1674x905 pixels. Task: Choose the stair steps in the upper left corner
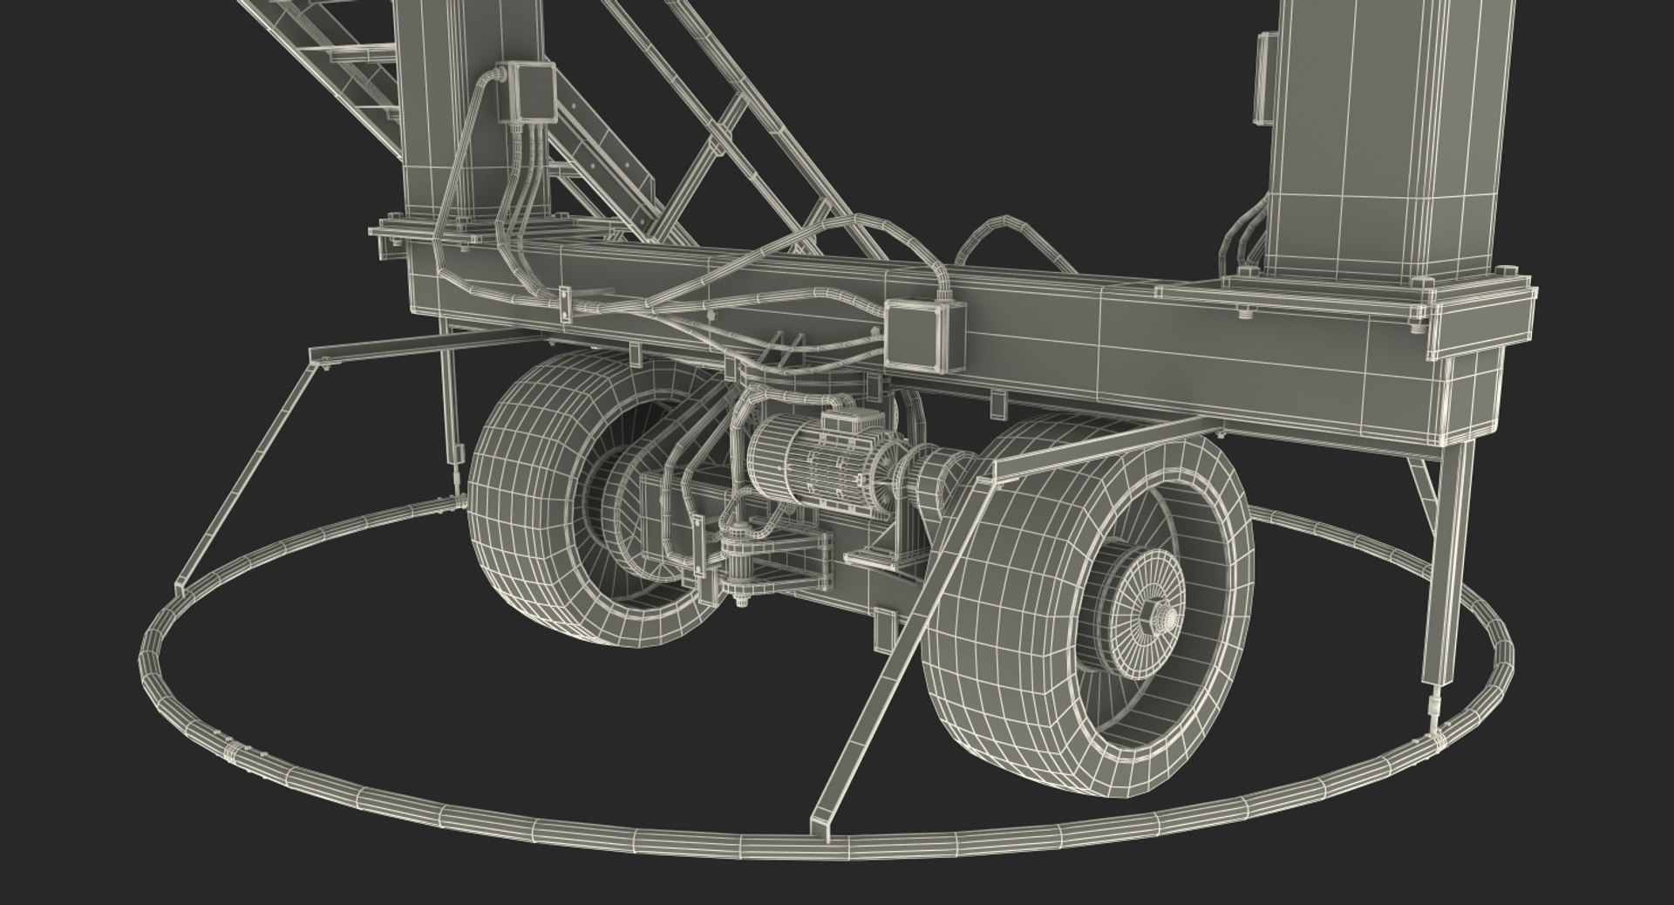click(x=349, y=61)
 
